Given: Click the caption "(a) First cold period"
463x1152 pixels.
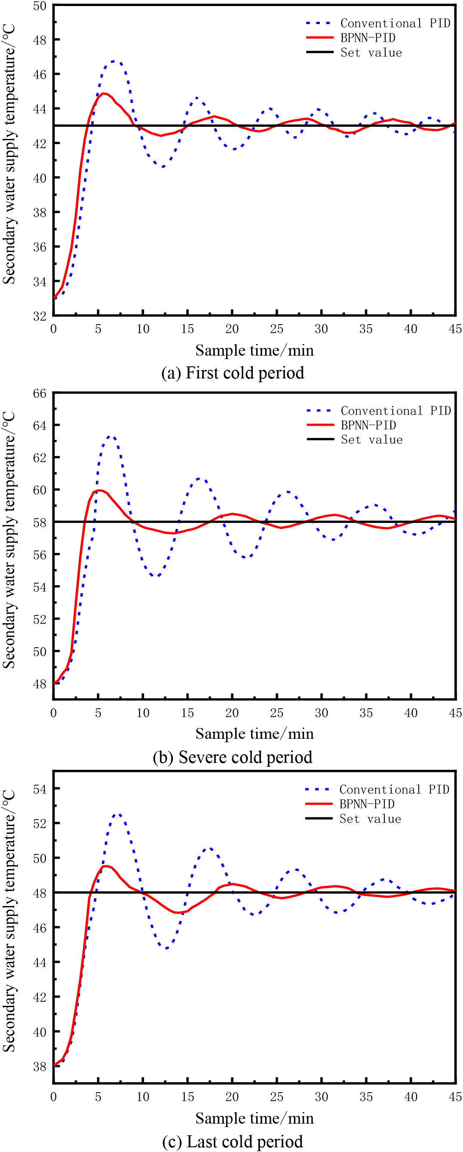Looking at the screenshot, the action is (233, 373).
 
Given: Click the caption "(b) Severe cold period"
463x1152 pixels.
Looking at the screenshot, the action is (233, 757).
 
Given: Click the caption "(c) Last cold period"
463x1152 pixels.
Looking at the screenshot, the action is (233, 1141).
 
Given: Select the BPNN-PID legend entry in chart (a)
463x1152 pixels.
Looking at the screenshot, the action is (351, 37).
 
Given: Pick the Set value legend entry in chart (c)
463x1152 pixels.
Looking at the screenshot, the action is (353, 819).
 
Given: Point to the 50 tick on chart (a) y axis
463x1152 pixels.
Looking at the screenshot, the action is (40, 6).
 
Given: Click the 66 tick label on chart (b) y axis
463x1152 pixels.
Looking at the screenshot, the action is (40, 393).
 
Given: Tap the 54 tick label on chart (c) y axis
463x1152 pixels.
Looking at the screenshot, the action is (40, 789).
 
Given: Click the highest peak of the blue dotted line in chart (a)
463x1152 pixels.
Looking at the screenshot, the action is (114, 61).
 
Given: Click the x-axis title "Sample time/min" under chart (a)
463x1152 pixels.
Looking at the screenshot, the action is (254, 350).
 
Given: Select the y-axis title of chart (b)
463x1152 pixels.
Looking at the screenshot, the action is (9, 540).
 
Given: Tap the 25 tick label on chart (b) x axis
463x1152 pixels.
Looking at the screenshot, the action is (276, 713).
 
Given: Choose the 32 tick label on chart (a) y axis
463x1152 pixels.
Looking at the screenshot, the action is (40, 316).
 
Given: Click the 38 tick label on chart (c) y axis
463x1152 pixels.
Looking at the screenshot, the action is (40, 1066).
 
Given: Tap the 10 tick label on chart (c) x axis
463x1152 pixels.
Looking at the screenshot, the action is (143, 1097).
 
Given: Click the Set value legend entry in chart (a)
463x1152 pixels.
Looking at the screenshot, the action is (354, 52).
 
